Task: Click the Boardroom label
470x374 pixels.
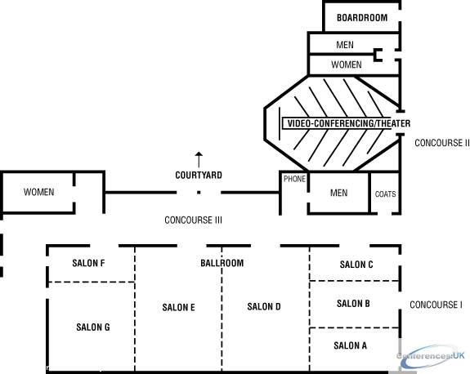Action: [362, 18]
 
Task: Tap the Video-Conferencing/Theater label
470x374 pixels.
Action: [348, 123]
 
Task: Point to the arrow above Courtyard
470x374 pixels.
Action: [199, 159]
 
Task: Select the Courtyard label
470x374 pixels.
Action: [199, 176]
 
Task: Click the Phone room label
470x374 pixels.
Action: [294, 179]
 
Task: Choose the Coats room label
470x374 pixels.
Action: [386, 194]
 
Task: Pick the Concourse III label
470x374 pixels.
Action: [194, 220]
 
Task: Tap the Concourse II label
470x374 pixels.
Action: [442, 143]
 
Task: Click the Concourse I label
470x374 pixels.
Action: [436, 305]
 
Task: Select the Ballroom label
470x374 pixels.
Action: [222, 263]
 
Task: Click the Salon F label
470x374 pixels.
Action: [88, 263]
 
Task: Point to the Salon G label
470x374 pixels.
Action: [93, 327]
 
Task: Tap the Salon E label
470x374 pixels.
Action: [179, 307]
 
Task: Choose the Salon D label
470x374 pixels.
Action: [264, 306]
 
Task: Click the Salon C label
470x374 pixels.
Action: [356, 265]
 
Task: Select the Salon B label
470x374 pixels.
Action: [353, 303]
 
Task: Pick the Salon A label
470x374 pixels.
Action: [351, 345]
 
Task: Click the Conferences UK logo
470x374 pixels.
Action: [431, 356]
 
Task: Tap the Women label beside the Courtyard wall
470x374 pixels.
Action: [39, 192]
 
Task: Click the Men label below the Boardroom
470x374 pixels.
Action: [345, 45]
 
